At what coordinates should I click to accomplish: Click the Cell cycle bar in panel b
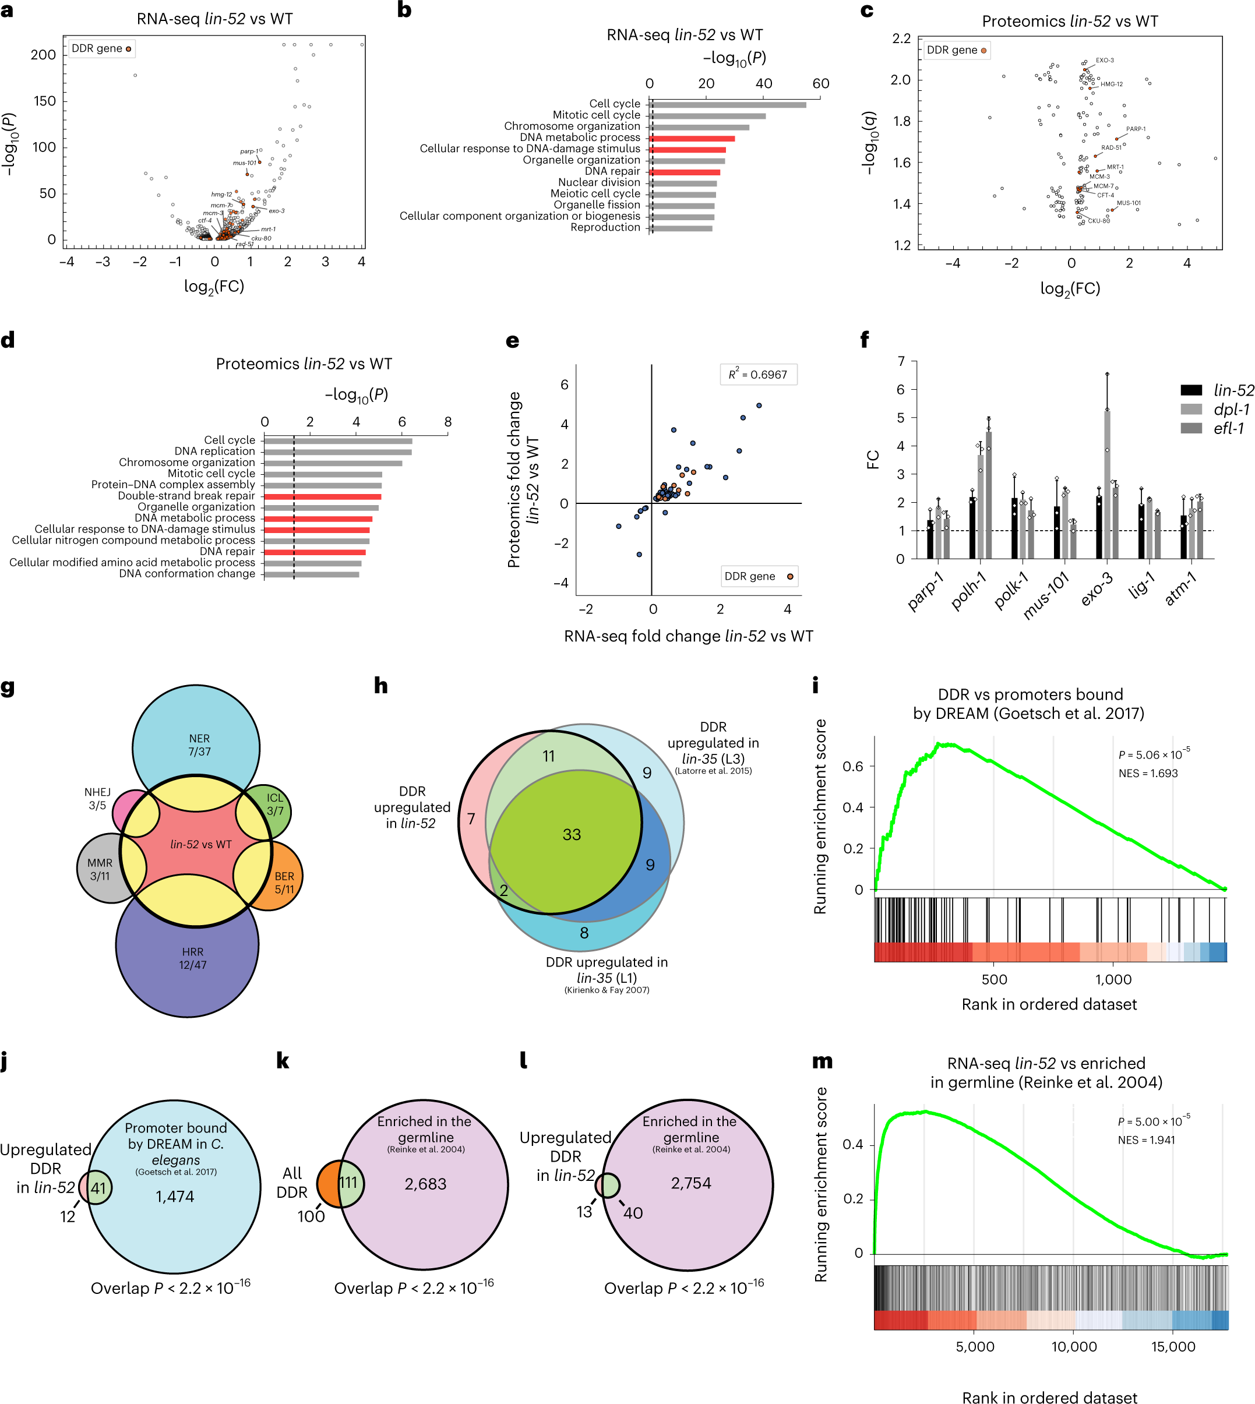click(728, 105)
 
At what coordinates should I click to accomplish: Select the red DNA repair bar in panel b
click(685, 172)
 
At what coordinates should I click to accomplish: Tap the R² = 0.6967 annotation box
click(758, 375)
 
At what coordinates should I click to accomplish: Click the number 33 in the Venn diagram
click(572, 834)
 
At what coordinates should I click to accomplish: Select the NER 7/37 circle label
click(199, 745)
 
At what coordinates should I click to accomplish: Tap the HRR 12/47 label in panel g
click(192, 958)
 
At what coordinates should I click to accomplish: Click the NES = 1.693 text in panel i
click(1148, 773)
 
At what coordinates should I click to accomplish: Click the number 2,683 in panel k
click(425, 1184)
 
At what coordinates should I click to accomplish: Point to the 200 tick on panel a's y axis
click(44, 55)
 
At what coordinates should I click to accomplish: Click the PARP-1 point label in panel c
click(1136, 129)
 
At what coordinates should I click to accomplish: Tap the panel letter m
click(822, 1061)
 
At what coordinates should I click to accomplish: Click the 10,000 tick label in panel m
click(1074, 1347)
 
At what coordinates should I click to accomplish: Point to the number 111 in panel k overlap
click(348, 1183)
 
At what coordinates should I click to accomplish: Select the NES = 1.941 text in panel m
click(1146, 1140)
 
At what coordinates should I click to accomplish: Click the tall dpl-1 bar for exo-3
click(1108, 483)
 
